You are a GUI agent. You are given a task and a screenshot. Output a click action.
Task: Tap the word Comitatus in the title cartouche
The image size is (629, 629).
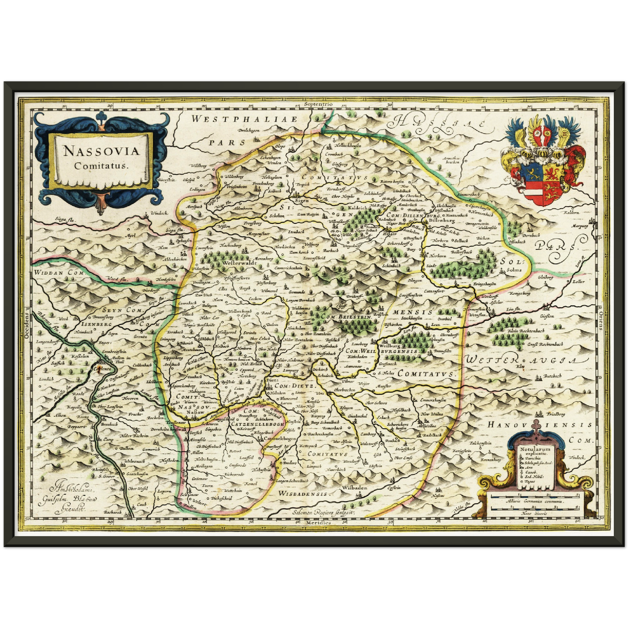pos(101,165)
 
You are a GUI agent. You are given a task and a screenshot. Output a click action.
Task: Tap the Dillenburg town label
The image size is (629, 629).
pos(441,221)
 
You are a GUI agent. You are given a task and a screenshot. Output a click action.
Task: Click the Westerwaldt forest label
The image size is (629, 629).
pos(237,263)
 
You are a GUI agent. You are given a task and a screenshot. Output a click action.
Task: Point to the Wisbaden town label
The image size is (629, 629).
pos(355,488)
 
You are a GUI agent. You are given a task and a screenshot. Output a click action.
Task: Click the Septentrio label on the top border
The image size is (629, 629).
pos(318,104)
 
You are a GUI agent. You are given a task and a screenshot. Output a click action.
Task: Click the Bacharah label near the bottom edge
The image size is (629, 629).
pos(113,512)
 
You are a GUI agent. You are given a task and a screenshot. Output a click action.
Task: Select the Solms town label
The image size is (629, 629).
pos(514,269)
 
